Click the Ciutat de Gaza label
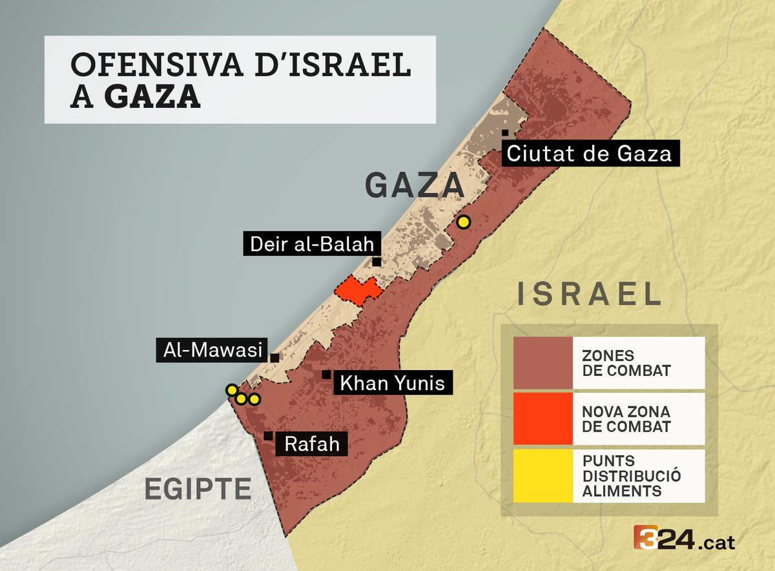[590, 154]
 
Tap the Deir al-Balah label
[312, 244]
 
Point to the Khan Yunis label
[392, 383]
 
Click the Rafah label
[311, 444]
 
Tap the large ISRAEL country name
[589, 295]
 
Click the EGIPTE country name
[198, 488]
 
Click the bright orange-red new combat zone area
[356, 291]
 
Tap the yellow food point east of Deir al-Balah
[462, 222]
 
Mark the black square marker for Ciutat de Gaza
[505, 133]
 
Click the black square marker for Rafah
[268, 437]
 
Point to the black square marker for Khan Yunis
[326, 374]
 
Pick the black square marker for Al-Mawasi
[274, 357]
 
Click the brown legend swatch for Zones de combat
[542, 363]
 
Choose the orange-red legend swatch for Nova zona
[542, 419]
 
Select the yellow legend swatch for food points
[542, 475]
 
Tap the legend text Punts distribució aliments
[622, 476]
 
